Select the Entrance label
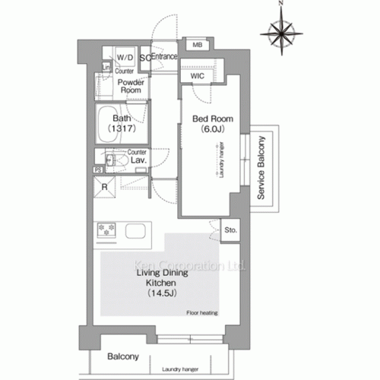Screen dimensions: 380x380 pos(164,57)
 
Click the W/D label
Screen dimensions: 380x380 pos(125,58)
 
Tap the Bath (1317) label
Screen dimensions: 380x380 pos(121,124)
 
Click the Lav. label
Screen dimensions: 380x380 pos(138,161)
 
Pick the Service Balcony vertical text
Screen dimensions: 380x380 pos(261,168)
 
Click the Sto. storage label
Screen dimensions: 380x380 pos(230,228)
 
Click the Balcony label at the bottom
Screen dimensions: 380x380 pos(122,356)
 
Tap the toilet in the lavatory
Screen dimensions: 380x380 pos(114,161)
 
